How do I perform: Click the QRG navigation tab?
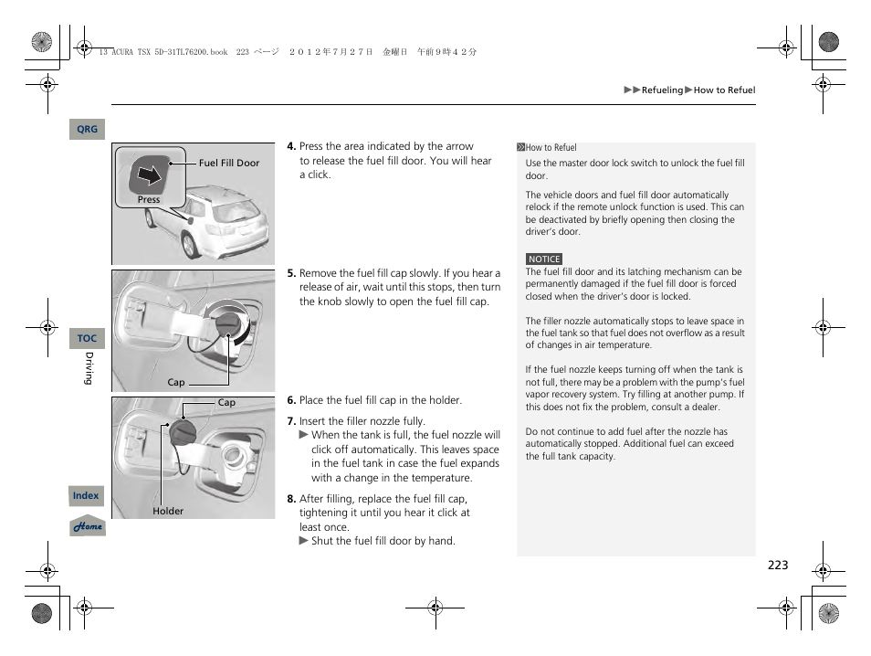[x=87, y=130]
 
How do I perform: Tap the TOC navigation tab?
[x=87, y=339]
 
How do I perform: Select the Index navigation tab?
[x=87, y=496]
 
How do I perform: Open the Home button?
[x=89, y=527]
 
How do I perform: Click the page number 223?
[x=777, y=566]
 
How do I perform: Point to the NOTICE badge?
[x=544, y=259]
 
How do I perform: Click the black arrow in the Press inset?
[x=149, y=174]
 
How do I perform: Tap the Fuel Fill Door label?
[x=229, y=164]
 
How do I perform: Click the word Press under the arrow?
[x=149, y=200]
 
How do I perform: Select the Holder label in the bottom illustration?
[x=168, y=512]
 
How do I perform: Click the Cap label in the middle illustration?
[x=176, y=383]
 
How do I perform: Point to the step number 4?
[x=291, y=146]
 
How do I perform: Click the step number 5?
[x=291, y=273]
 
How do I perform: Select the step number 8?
[x=291, y=499]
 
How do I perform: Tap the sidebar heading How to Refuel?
[x=551, y=148]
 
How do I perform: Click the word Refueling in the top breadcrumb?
[x=662, y=90]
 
